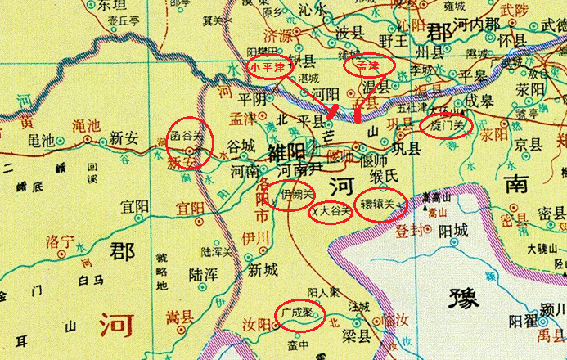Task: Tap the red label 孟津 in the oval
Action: click(x=367, y=65)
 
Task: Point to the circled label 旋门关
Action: click(x=445, y=127)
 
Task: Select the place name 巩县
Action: click(x=403, y=150)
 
